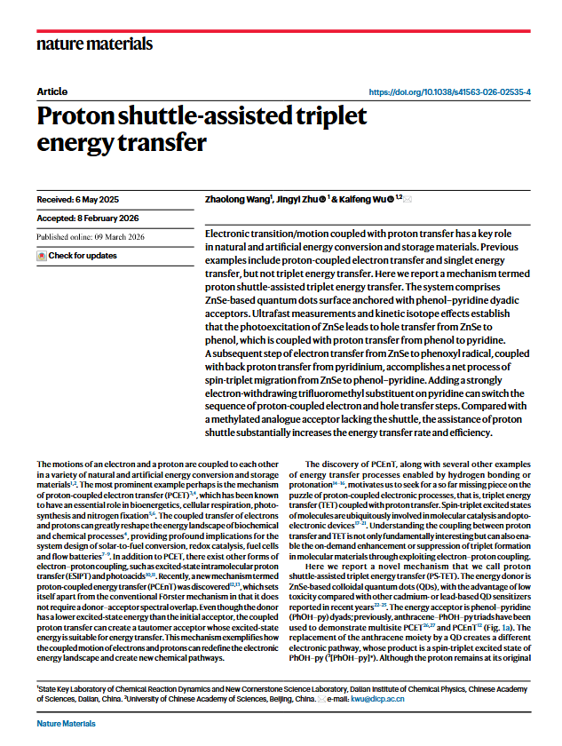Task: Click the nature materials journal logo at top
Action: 94,44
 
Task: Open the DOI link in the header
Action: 449,91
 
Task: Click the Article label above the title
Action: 52,92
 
